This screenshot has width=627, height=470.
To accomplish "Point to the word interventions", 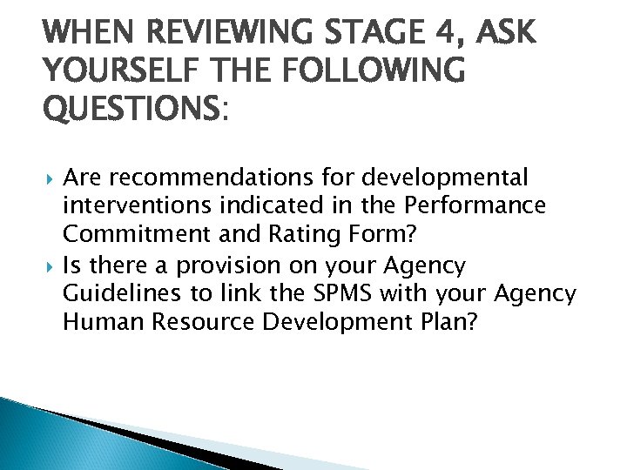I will click(x=127, y=207).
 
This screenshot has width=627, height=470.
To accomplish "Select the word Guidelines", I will click(x=114, y=293).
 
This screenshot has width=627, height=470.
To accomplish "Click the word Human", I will click(x=100, y=322).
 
